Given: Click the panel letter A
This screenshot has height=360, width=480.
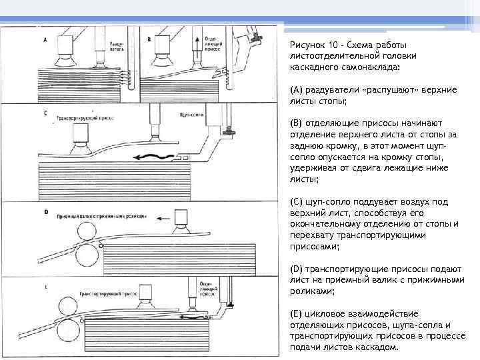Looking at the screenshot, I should (45, 40).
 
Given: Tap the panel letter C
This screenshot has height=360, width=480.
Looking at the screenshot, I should (45, 113).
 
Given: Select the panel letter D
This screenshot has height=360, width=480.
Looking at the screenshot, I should (45, 213).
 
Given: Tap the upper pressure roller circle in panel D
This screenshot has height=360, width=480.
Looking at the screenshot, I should (87, 231).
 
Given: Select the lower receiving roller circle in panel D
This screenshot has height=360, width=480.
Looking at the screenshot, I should (87, 254).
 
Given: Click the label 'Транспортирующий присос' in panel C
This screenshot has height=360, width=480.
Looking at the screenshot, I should (83, 117).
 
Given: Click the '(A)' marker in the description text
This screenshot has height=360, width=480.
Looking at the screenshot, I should (297, 89).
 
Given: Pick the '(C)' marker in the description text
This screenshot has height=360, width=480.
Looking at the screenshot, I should (297, 201).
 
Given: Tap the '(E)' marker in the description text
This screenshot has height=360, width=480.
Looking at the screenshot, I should (297, 313).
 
